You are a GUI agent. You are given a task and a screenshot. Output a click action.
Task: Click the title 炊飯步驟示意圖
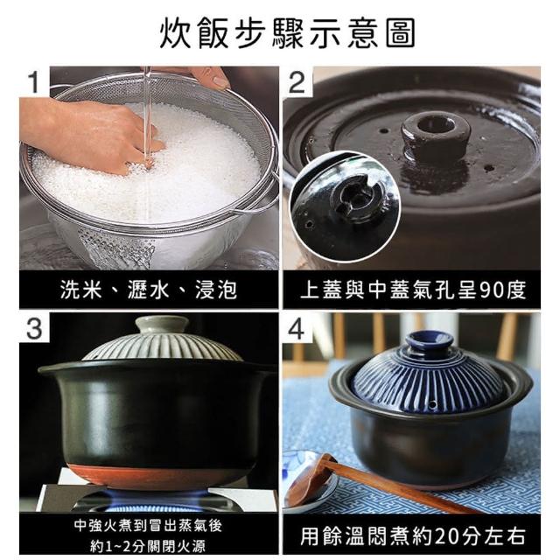(287, 33)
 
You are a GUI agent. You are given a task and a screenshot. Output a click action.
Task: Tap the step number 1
(34, 81)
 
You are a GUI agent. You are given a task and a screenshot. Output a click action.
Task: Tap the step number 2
(297, 82)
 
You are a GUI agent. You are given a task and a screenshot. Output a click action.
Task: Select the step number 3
(34, 329)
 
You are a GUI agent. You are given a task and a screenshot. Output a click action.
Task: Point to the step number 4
(297, 329)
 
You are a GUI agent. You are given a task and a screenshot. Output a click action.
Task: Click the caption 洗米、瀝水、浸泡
(148, 290)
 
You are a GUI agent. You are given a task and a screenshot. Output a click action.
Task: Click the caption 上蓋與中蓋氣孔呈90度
(413, 290)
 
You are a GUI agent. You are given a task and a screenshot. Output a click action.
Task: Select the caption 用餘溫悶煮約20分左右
(413, 535)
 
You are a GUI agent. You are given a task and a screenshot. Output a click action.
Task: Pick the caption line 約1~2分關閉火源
(148, 546)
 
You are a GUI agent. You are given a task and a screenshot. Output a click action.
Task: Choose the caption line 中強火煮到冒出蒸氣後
(148, 525)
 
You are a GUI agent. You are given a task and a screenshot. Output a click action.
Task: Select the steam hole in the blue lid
(432, 405)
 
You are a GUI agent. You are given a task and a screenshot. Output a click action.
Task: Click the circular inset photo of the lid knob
(346, 207)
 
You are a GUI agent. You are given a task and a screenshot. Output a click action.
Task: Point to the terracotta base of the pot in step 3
(157, 475)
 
